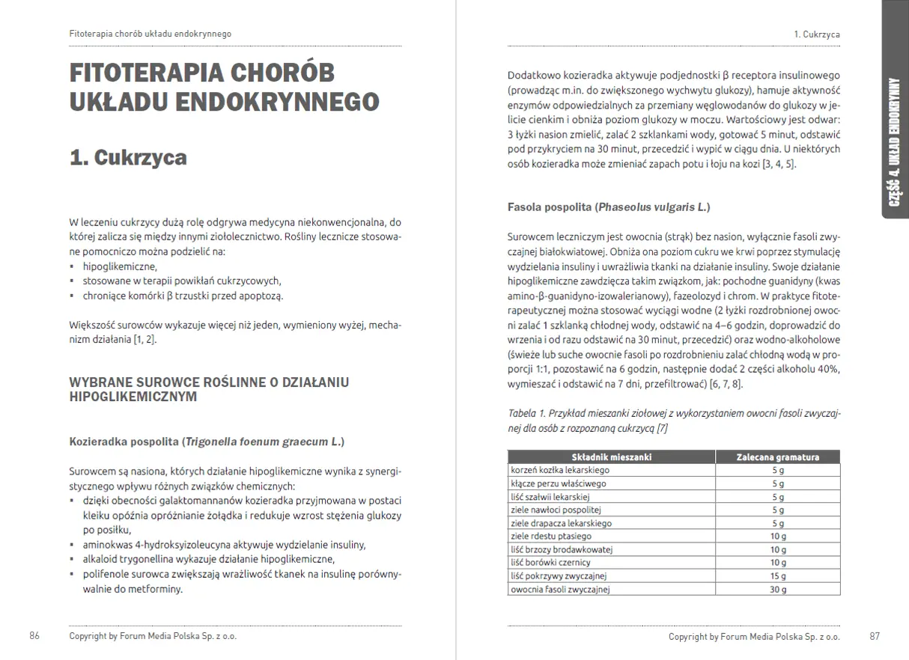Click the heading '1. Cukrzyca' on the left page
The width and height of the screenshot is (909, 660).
127,158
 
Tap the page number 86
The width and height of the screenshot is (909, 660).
34,636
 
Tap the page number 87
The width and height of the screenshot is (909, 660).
875,636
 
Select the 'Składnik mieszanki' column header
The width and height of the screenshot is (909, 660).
611,456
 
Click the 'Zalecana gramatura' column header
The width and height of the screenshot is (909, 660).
777,456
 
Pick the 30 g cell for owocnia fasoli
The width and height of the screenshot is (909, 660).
778,590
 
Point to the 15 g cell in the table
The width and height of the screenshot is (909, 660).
778,576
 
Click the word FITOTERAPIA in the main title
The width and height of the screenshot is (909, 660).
144,73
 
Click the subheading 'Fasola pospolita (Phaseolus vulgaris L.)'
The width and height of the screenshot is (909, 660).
609,207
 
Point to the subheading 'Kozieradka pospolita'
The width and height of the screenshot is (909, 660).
124,442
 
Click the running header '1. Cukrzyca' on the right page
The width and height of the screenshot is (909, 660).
816,34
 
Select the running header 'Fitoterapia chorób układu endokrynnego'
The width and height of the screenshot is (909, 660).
150,34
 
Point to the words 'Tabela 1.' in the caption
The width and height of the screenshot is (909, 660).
527,413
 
